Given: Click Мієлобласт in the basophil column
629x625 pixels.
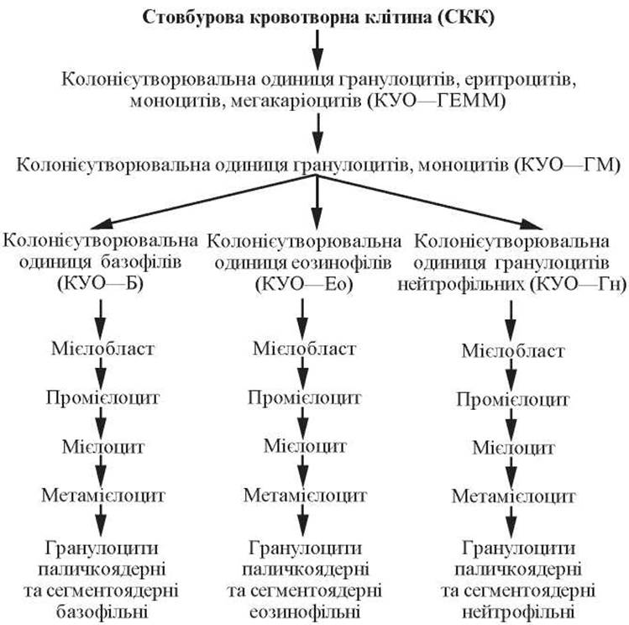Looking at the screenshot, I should pos(102,346).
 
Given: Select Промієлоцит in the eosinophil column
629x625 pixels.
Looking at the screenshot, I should pos(305,397).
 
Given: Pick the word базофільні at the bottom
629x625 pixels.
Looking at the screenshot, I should pos(102,611).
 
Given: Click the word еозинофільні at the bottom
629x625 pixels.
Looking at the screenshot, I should pos(305,611).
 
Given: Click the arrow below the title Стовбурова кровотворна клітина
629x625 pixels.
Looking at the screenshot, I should pos(317,49).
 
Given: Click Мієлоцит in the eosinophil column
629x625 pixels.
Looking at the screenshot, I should pos(305,444).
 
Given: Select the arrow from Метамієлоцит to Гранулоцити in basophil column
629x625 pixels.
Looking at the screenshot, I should pos(102,519).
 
